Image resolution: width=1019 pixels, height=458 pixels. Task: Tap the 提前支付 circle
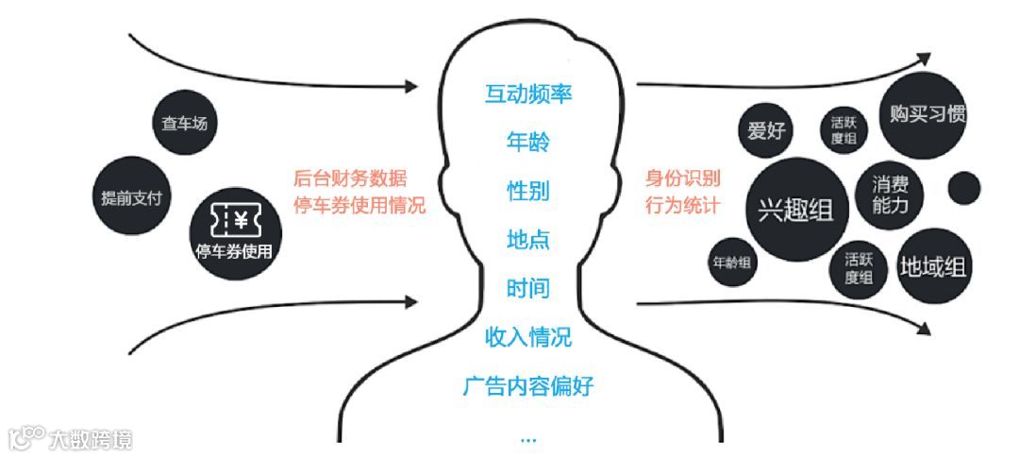tap(132, 197)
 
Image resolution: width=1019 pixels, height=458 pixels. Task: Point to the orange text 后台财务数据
tap(352, 178)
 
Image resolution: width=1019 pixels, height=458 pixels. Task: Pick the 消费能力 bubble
tap(891, 195)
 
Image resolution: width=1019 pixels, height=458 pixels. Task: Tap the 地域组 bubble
tap(933, 265)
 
